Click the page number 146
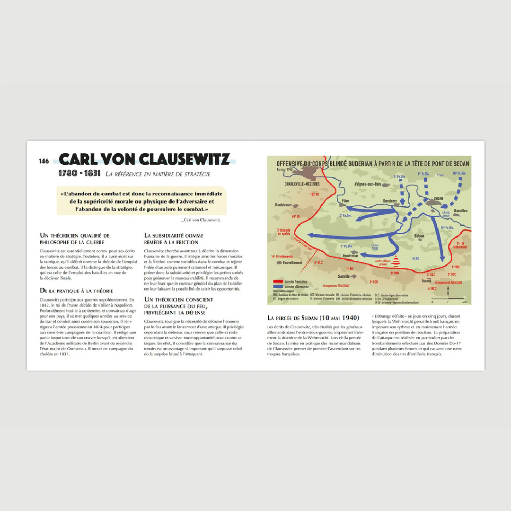pos(44,161)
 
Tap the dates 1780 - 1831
pos(79,174)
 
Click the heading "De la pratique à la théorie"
pos(76,291)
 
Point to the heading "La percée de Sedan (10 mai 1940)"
pos(313,317)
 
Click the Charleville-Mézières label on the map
pos(302,184)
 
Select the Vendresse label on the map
pos(350,256)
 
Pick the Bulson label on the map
pos(419,235)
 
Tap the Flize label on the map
pos(345,201)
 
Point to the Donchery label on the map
pos(389,201)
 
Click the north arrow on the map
pos(448,294)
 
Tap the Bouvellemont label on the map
pos(292,263)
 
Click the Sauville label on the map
pos(344,276)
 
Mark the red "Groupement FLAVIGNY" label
pos(336,285)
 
